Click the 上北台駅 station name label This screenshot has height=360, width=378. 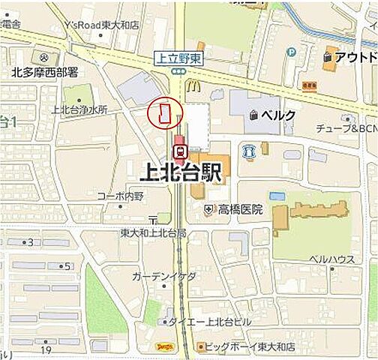pos(181,173)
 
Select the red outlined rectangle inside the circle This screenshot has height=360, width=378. pos(164,114)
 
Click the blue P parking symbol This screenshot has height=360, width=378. pos(292,52)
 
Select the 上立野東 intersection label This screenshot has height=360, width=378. pos(178,57)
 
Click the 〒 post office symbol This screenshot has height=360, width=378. pos(153,219)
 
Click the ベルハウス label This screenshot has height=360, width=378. pos(332,259)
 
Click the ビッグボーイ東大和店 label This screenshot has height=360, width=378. pos(250,346)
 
